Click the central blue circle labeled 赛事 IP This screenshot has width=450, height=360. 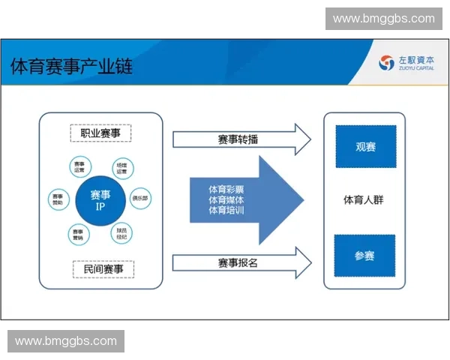tap(100, 200)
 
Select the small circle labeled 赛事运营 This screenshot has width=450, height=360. tap(79, 166)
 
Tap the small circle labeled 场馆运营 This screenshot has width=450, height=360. tap(121, 166)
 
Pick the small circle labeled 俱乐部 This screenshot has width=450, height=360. tap(140, 199)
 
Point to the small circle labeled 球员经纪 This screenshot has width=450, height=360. tap(121, 233)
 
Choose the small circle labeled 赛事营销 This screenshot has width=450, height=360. tap(78, 234)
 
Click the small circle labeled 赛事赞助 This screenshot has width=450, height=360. tap(58, 199)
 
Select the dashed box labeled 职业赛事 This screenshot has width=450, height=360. tap(100, 133)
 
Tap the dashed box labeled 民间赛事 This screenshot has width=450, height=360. tap(100, 268)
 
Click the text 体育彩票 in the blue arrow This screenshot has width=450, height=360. tap(226, 189)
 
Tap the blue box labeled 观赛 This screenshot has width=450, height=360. tap(365, 146)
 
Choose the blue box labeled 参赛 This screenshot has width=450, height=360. tap(364, 255)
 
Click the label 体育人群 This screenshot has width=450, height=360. tap(364, 200)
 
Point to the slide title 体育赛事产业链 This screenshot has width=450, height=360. tap(71, 66)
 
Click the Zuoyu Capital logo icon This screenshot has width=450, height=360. tap(387, 63)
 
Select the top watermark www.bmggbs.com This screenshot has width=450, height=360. tap(383, 19)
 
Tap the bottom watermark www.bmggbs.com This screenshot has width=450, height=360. tap(66, 341)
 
